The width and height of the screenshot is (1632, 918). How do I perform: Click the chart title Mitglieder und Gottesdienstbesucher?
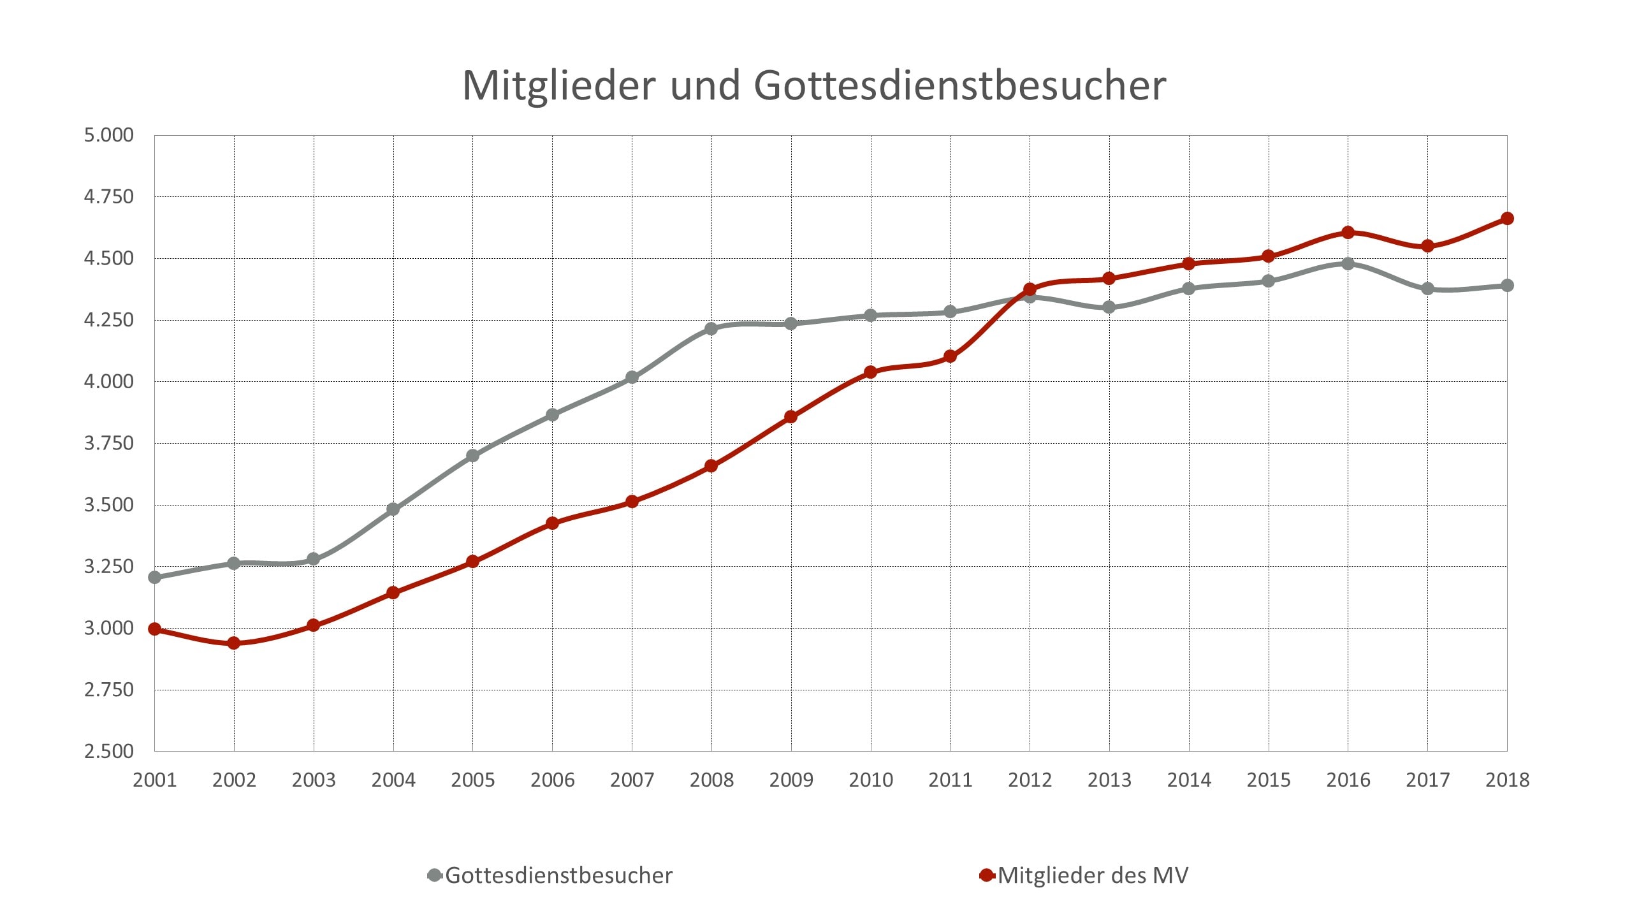coord(814,85)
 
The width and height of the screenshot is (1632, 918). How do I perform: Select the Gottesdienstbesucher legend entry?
coord(550,875)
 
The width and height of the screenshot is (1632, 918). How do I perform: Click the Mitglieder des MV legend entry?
coord(1084,875)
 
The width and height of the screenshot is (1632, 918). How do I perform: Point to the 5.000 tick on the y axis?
coord(109,135)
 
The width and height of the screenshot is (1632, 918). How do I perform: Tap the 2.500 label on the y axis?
coord(109,751)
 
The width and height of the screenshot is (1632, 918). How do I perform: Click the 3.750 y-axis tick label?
coord(109,443)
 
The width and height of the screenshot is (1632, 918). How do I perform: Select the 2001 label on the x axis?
coord(154,780)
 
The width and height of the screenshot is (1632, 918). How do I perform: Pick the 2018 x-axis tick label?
coord(1507,780)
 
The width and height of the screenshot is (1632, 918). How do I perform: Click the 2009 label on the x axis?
coord(791,780)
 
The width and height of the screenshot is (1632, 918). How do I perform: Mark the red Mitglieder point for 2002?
coord(234,643)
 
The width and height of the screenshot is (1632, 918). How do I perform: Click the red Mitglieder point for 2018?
coord(1507,219)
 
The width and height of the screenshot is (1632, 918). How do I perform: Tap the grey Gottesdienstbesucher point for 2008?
coord(711,329)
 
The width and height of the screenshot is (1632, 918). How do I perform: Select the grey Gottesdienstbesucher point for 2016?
coord(1348,264)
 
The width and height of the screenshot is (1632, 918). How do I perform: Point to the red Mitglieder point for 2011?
coord(950,356)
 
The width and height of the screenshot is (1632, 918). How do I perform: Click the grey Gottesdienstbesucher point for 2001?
coord(154,578)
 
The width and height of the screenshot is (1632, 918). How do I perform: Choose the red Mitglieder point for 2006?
coord(552,523)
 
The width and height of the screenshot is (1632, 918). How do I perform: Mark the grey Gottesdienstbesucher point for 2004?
coord(393,509)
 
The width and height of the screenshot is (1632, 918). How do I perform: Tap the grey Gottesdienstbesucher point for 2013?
coord(1109,307)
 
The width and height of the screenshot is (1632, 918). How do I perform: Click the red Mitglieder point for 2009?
coord(791,417)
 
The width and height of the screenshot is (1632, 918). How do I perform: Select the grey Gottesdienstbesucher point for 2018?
coord(1507,286)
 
